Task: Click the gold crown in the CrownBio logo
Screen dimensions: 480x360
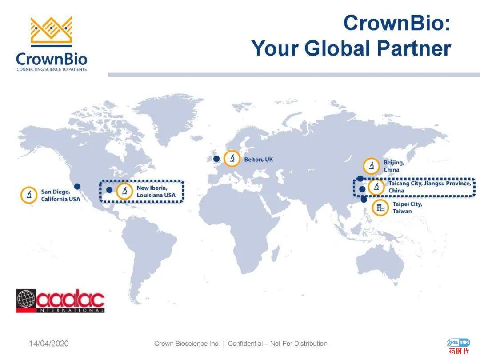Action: tap(51, 30)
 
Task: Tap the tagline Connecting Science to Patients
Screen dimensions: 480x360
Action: tap(52, 69)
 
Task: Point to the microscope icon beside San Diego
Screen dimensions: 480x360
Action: tap(29, 195)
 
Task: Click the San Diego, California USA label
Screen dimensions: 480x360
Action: tap(60, 195)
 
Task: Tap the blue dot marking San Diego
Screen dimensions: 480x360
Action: tap(77, 186)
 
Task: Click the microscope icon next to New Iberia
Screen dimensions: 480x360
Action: tap(124, 191)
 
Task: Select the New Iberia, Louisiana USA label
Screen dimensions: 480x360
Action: tap(156, 192)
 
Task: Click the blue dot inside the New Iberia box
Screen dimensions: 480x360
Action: tap(109, 190)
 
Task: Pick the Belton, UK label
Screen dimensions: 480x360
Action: tap(258, 160)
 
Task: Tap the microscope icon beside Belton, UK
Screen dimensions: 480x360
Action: tap(232, 159)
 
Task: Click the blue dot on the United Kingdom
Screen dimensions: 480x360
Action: tap(216, 159)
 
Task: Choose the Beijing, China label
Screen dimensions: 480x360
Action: tap(394, 166)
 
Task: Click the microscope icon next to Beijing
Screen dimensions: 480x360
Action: tap(371, 166)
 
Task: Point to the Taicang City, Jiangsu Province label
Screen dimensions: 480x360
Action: tap(430, 184)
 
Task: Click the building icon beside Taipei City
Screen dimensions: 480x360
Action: tap(380, 208)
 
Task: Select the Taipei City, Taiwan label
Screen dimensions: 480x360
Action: tap(407, 208)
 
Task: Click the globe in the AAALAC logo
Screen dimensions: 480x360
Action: tap(26, 299)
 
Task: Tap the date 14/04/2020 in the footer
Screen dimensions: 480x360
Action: tap(49, 344)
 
